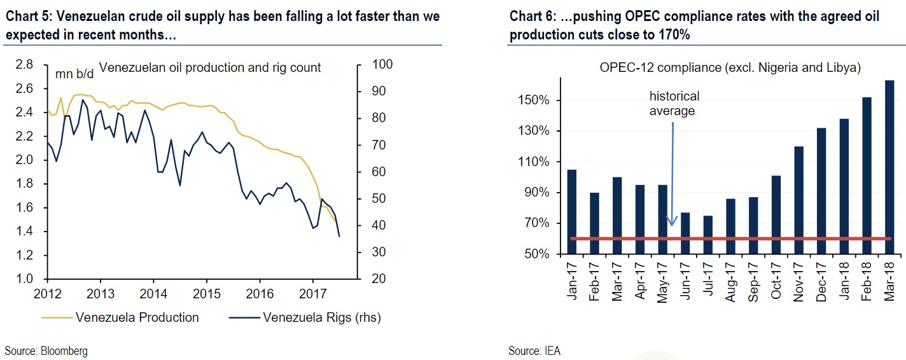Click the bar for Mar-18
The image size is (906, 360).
[x=889, y=167]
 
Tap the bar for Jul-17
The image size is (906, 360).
[x=707, y=235]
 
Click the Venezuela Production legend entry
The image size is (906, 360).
[x=137, y=317]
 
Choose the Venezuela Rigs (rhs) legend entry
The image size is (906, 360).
[x=321, y=317]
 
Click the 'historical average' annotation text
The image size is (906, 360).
[x=674, y=103]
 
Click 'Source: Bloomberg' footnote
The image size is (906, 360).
[x=46, y=350]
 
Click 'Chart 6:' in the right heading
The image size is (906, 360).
[x=531, y=17]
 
